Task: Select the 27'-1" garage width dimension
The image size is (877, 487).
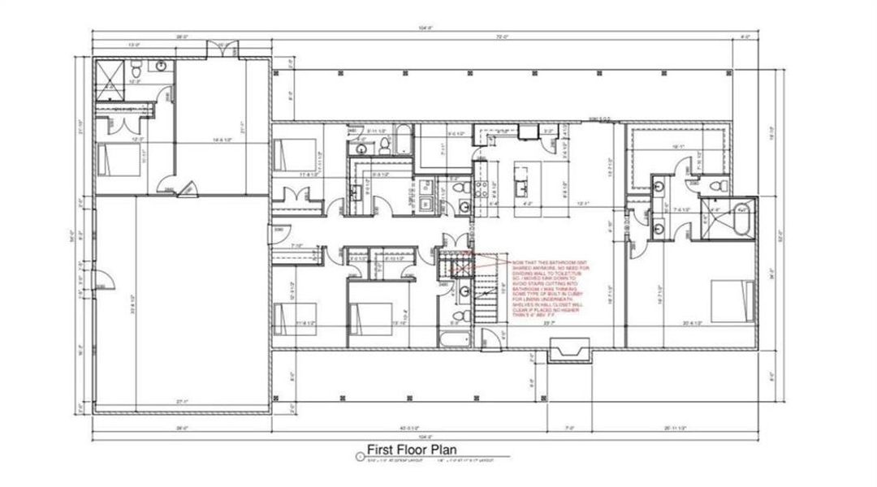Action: [x=181, y=401]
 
